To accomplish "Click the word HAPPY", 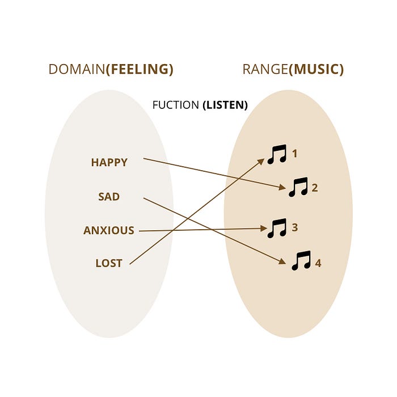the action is click(109, 163).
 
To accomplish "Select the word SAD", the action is click(109, 197).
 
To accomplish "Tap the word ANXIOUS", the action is click(109, 231).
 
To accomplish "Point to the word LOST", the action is click(109, 263).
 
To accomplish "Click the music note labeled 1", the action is click(277, 154).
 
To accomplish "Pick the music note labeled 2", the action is click(298, 187).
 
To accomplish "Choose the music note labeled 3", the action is click(277, 228).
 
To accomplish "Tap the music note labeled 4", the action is click(301, 261).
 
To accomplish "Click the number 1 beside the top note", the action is click(294, 154).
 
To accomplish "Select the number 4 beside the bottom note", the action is click(318, 264).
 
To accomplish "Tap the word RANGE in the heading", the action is click(265, 70).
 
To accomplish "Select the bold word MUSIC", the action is click(316, 70).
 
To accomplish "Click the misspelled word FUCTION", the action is click(176, 105).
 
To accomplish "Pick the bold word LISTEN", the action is click(225, 105).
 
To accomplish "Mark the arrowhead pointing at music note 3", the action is click(264, 229).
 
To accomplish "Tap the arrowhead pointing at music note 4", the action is click(281, 261).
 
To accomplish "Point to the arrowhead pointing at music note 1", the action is click(261, 161).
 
